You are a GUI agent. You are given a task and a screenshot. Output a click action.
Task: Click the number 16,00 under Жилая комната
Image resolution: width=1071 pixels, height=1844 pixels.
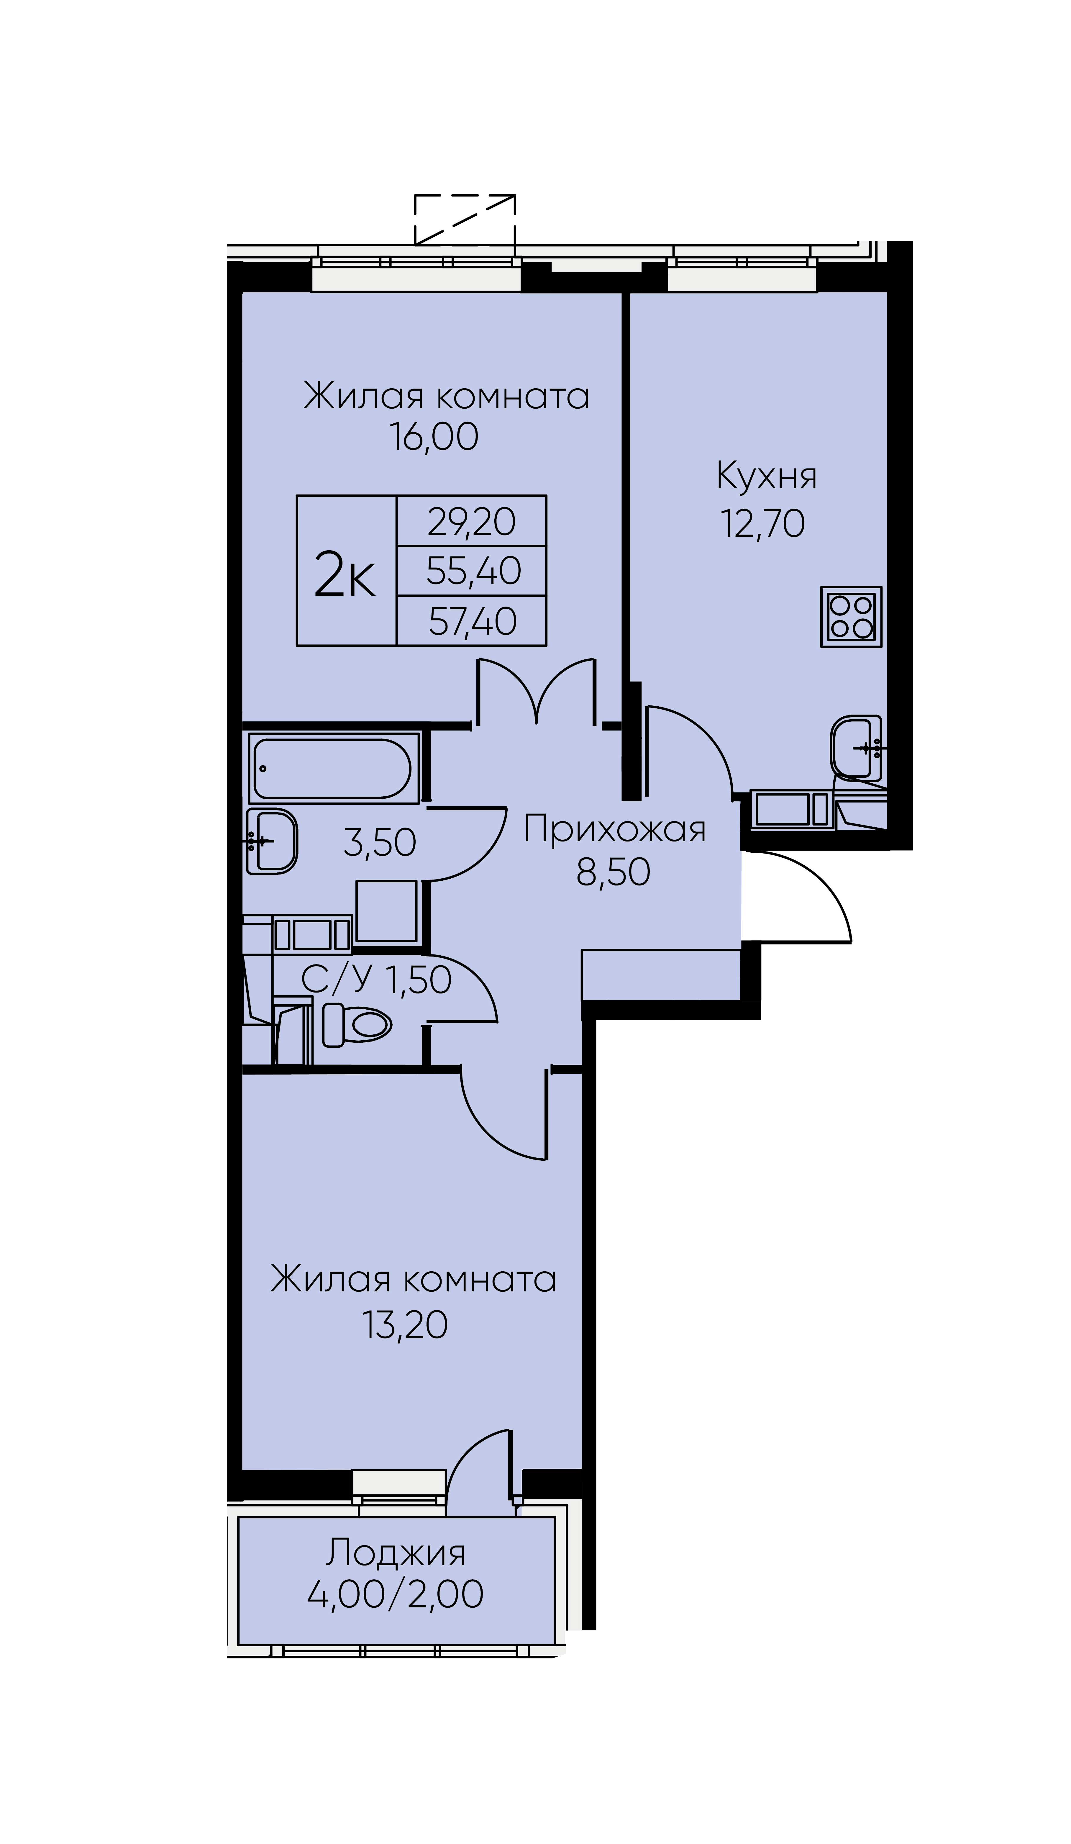click(x=434, y=437)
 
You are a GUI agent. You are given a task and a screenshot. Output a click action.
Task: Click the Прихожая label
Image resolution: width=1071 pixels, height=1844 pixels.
click(x=614, y=829)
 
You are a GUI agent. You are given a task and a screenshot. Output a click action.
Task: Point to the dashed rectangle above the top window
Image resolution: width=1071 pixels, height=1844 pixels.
click(x=465, y=220)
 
